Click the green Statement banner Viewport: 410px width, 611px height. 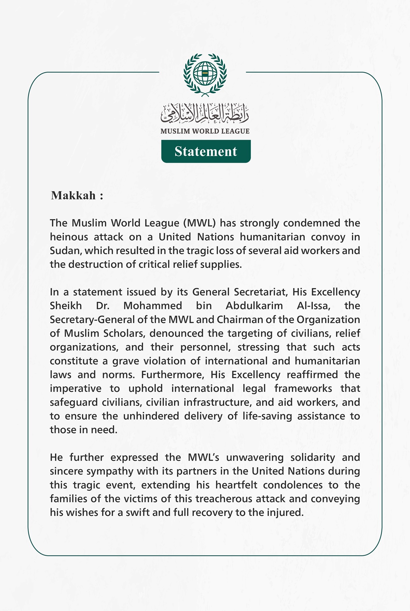(206, 151)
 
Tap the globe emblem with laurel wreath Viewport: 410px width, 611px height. (205, 74)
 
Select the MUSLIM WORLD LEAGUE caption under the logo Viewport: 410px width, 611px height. (205, 131)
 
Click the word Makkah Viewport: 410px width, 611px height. (73, 196)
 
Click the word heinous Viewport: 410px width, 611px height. (69, 237)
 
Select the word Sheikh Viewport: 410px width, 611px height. (66, 306)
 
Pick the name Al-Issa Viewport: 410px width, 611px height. (313, 306)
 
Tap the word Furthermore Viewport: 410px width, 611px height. (173, 375)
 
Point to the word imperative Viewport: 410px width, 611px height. (76, 389)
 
